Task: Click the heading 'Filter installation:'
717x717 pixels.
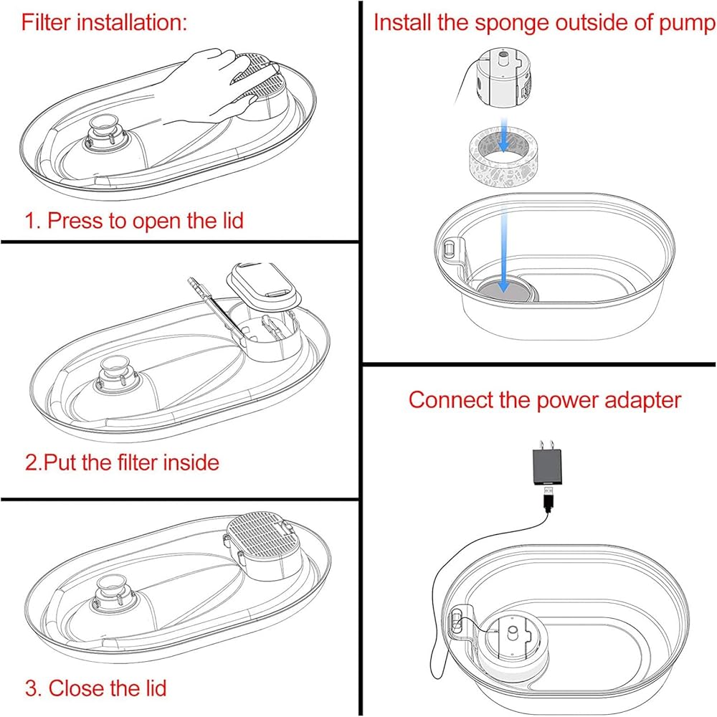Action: [104, 22]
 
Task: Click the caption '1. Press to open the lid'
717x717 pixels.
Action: [135, 219]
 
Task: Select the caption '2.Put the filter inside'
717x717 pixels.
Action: [122, 462]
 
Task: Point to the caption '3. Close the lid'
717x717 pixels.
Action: [96, 689]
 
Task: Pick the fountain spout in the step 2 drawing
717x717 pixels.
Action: [115, 374]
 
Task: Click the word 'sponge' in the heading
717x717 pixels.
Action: [514, 22]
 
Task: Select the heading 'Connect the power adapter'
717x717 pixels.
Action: [544, 399]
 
